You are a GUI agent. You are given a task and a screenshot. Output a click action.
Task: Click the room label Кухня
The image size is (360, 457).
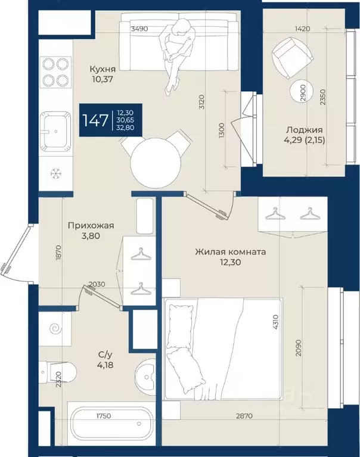(103, 69)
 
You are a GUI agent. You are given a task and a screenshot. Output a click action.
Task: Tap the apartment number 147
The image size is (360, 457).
(95, 120)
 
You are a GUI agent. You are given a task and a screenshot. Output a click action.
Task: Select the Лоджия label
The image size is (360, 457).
(305, 130)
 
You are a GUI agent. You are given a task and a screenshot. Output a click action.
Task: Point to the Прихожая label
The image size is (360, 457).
(91, 226)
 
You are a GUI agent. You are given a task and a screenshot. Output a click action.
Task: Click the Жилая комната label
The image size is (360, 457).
(230, 251)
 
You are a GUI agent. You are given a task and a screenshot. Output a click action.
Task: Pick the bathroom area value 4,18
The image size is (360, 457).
(105, 365)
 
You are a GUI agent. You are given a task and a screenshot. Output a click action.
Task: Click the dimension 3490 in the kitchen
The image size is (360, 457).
(139, 29)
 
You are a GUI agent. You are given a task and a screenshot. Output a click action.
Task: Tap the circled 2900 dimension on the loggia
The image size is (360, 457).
(302, 93)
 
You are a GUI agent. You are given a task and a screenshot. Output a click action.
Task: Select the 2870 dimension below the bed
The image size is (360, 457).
(244, 416)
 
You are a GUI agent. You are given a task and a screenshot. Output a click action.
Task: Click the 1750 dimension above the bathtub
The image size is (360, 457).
(104, 416)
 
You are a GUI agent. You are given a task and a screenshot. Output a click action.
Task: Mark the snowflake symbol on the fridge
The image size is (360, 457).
(55, 174)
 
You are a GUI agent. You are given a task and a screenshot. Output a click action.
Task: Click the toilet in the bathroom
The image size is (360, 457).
(58, 372)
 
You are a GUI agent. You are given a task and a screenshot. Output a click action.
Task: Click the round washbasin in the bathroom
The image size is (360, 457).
(145, 377)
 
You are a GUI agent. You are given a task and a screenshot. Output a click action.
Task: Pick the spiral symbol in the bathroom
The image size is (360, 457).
(55, 329)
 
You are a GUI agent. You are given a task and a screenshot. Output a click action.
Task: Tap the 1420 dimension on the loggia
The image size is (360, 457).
(302, 29)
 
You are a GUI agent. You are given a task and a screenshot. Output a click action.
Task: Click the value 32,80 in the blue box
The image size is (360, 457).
(126, 127)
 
